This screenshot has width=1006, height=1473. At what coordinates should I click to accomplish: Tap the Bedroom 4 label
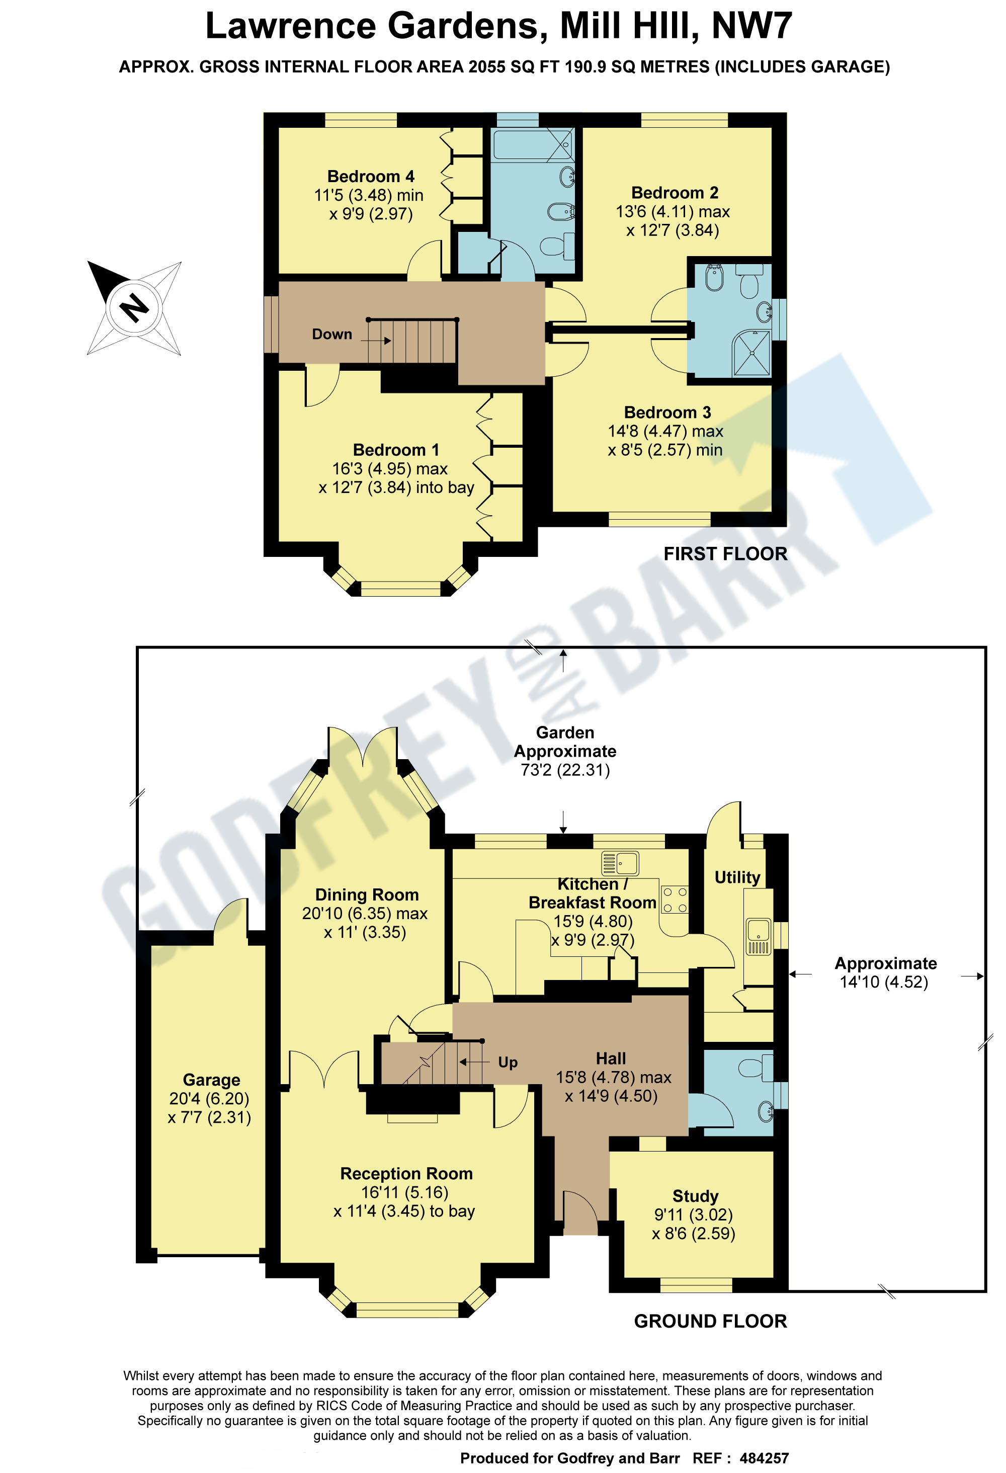coord(370,176)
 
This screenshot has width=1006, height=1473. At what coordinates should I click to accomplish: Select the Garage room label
coord(211,1080)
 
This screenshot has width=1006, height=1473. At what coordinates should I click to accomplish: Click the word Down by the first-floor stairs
coord(331,334)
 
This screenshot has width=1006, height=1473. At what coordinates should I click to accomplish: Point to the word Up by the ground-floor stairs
coord(507,1062)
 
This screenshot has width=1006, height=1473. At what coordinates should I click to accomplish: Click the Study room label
coord(695,1196)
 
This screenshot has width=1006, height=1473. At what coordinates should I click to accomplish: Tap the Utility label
coord(736,877)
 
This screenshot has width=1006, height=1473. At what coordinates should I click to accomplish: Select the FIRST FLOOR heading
coord(724,554)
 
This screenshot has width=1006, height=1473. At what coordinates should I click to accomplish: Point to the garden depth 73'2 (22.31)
coord(565,770)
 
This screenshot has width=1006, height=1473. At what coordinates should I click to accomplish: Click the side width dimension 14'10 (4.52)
coord(884,982)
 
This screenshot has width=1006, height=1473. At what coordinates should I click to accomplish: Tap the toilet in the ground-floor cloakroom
coord(755,1068)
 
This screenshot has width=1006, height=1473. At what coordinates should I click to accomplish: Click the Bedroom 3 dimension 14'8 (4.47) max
coord(665,431)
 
